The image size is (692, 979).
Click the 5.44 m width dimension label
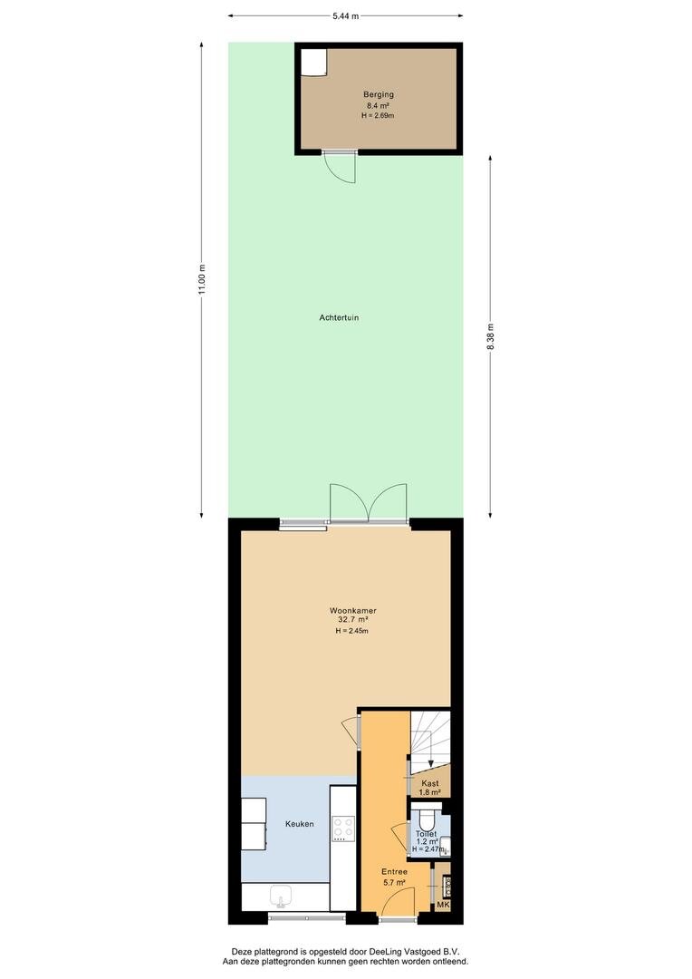click(346, 16)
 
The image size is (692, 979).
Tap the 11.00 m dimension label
click(201, 280)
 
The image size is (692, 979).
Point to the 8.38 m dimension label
click(490, 338)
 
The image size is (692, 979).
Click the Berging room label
click(379, 94)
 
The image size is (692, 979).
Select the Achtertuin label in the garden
click(339, 317)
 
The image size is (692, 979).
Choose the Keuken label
click(300, 824)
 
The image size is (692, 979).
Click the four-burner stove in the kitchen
click(342, 829)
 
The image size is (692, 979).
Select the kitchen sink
click(282, 897)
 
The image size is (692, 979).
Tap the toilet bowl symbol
click(428, 819)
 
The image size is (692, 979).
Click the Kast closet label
click(430, 783)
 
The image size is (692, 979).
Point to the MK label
click(442, 905)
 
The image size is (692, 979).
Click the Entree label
click(394, 872)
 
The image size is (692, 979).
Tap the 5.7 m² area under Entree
click(394, 882)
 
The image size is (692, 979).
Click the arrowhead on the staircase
click(430, 762)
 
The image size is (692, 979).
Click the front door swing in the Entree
click(399, 903)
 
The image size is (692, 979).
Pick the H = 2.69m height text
click(378, 115)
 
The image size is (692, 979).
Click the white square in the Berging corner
click(313, 62)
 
